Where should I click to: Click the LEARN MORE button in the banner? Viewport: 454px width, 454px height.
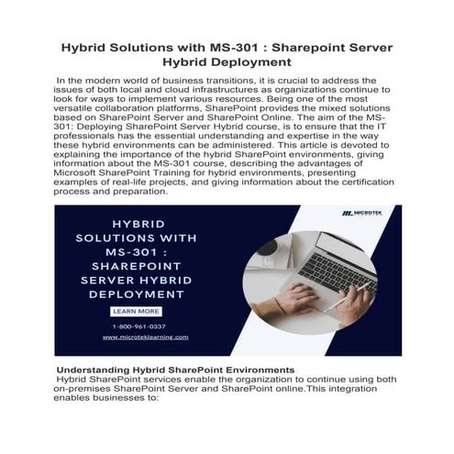click(135, 311)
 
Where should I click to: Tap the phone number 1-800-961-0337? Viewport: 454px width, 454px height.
click(139, 326)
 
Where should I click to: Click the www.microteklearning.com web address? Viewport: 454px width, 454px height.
click(139, 337)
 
